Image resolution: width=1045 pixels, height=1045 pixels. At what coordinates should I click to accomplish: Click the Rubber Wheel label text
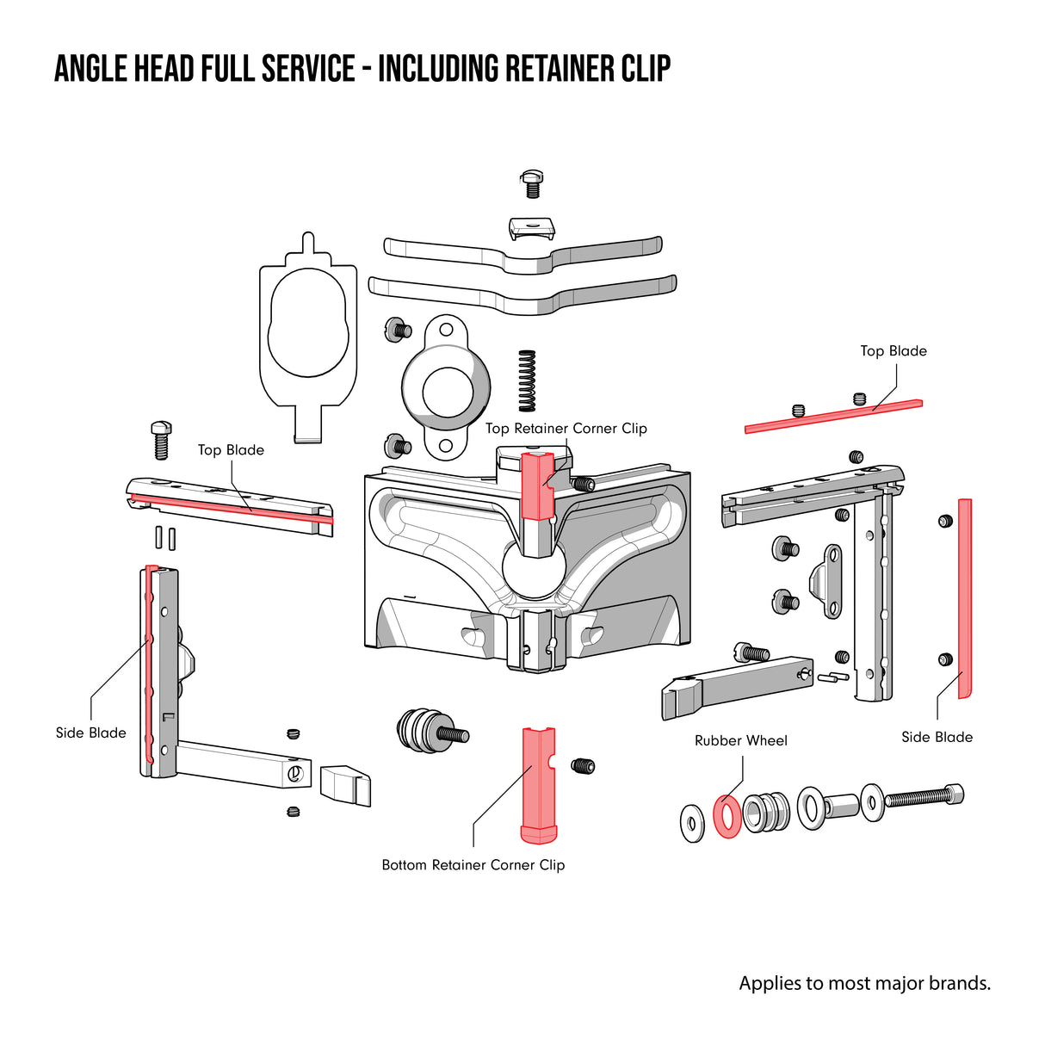click(x=740, y=740)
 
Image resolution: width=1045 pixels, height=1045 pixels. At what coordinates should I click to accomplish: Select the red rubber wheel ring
click(x=727, y=816)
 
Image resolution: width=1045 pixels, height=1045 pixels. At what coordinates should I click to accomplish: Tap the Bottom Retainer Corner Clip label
click(x=473, y=865)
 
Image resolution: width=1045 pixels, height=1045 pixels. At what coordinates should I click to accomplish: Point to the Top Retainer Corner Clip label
click(x=566, y=429)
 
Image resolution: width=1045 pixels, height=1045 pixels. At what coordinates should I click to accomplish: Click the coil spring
click(x=527, y=380)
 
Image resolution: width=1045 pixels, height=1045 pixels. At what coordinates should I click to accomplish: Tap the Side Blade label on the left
click(x=90, y=733)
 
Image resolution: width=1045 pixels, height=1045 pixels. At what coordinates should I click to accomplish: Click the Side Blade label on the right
click(x=937, y=737)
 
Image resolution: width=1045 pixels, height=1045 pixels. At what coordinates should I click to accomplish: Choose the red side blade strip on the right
click(x=965, y=597)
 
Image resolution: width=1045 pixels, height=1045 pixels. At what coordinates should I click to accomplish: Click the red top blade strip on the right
click(x=832, y=416)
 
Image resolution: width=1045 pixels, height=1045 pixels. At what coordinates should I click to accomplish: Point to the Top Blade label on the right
click(x=894, y=351)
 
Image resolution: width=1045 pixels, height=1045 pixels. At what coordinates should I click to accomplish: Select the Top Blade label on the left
click(x=231, y=450)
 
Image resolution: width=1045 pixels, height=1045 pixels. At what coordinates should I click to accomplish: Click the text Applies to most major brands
click(x=864, y=983)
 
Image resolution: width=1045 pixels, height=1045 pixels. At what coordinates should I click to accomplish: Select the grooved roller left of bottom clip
click(x=426, y=731)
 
